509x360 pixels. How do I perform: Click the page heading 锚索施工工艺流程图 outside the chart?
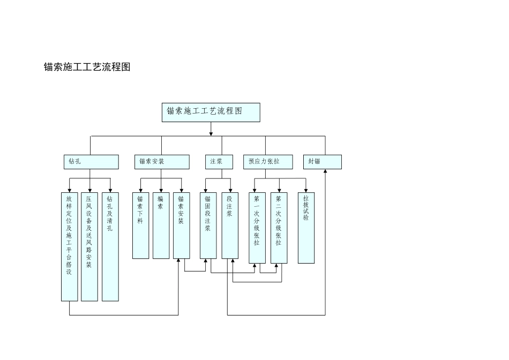click(x=87, y=67)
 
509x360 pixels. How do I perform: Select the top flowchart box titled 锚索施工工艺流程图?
click(x=211, y=112)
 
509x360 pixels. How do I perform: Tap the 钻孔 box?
click(x=91, y=162)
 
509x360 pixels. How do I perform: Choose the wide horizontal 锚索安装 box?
click(x=162, y=162)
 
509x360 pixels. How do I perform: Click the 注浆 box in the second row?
click(x=219, y=162)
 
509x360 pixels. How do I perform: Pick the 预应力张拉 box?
click(x=268, y=162)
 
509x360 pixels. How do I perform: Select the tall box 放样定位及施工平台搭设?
click(x=69, y=246)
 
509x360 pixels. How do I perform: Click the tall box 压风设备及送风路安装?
click(x=89, y=246)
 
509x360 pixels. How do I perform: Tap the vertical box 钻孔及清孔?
click(x=110, y=246)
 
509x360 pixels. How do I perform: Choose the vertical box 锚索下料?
click(x=140, y=226)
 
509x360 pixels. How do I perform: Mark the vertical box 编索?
click(x=161, y=226)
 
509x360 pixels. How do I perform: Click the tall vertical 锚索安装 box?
click(x=181, y=226)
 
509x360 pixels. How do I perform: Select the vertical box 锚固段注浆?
click(x=208, y=226)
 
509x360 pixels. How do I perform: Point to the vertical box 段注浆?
click(x=229, y=226)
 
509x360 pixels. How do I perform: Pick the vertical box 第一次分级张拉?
click(x=257, y=228)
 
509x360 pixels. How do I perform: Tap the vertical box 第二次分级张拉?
click(x=279, y=228)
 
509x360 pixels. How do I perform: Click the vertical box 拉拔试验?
click(x=306, y=228)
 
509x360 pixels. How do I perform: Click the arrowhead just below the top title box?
click(x=211, y=133)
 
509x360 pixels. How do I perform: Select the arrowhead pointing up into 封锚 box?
click(x=325, y=172)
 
